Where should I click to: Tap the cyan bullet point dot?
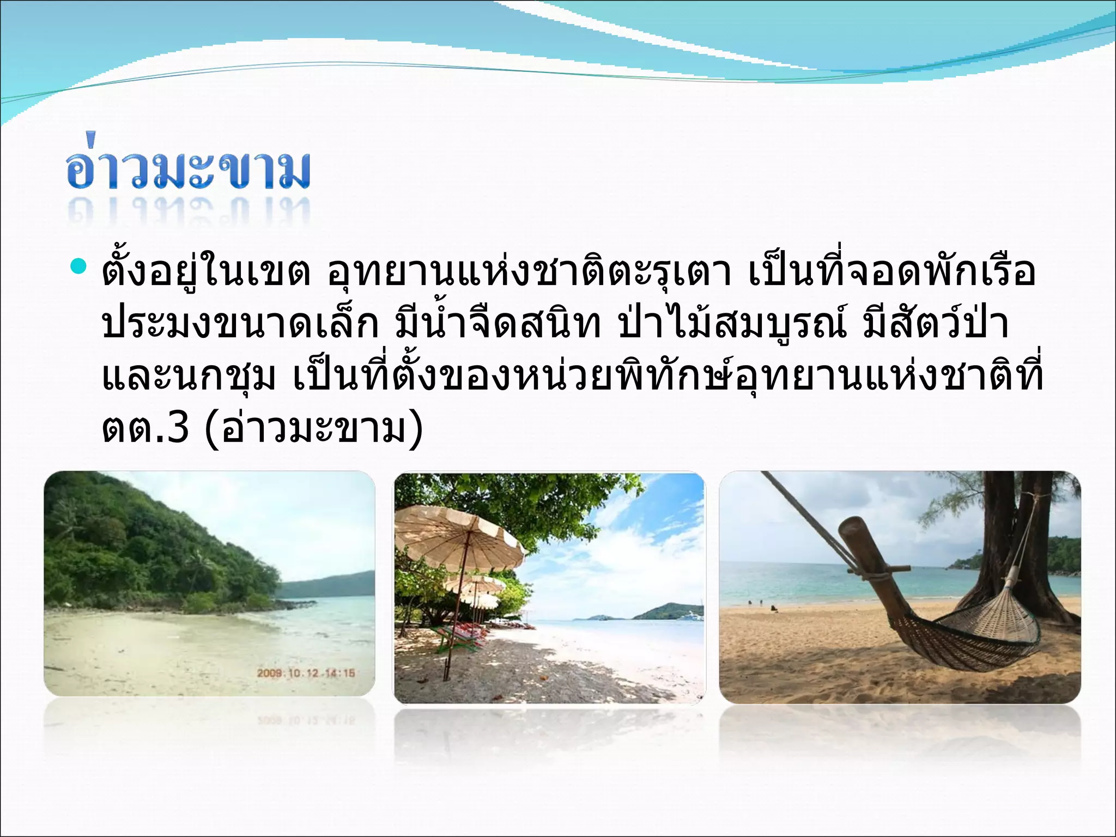coord(78,268)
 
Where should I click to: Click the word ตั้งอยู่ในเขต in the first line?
coord(206,272)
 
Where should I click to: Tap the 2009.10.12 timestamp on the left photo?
coord(305,673)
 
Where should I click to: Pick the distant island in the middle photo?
coord(668,611)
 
